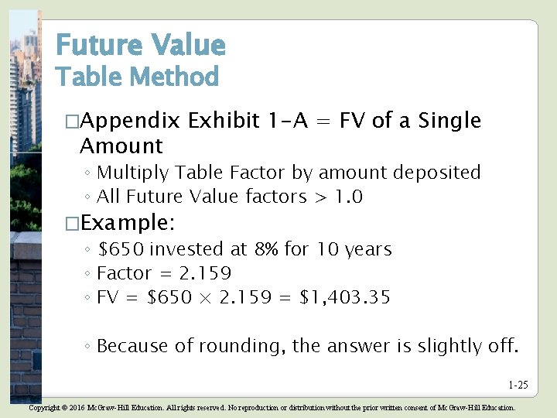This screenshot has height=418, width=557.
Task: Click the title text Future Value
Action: [140, 46]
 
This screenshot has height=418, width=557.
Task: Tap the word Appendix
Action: [130, 121]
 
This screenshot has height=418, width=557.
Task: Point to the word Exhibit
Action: [224, 121]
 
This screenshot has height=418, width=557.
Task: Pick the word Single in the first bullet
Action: [449, 121]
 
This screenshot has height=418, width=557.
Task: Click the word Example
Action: [128, 224]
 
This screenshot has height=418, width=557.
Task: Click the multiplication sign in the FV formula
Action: [204, 298]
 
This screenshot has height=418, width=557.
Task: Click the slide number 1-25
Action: [518, 385]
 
